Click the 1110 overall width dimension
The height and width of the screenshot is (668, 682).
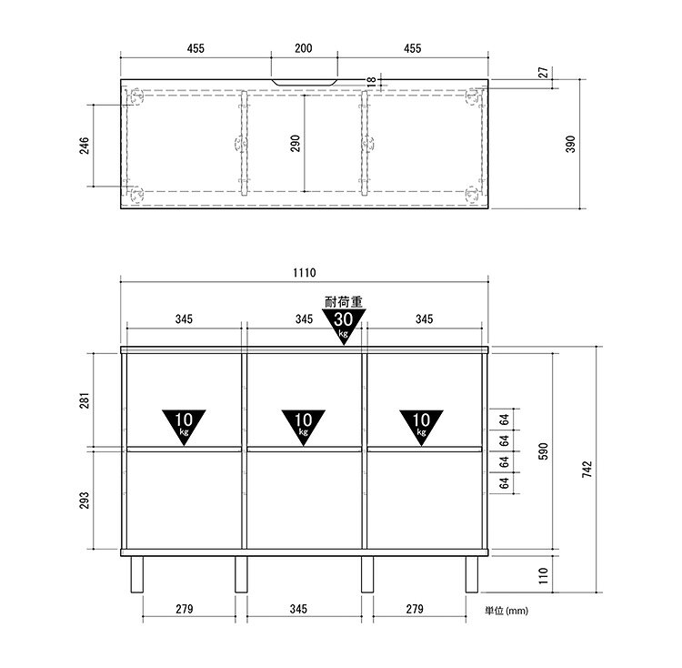(x=304, y=273)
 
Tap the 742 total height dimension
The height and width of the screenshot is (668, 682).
(x=587, y=470)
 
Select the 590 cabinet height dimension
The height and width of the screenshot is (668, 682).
(x=543, y=451)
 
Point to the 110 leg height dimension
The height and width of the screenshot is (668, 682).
(x=543, y=575)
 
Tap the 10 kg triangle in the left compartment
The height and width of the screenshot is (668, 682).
(x=184, y=427)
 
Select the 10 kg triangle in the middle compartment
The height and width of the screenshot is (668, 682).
(x=304, y=427)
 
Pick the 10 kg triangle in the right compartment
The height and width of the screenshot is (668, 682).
(x=421, y=427)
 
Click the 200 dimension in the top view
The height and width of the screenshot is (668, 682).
(x=304, y=48)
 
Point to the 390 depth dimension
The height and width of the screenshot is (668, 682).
(x=570, y=144)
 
